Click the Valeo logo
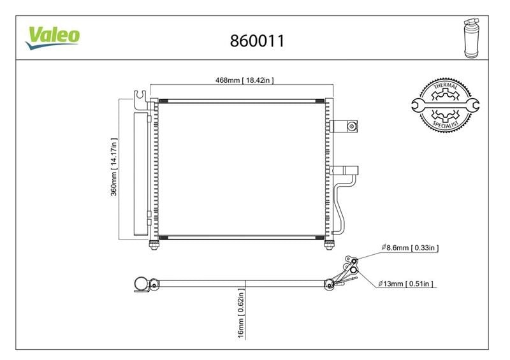pyautogui.click(x=53, y=38)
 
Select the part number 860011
pyautogui.click(x=257, y=41)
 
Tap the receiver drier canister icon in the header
pyautogui.click(x=471, y=39)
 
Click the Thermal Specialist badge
pyautogui.click(x=445, y=105)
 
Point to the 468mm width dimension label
pyautogui.click(x=245, y=80)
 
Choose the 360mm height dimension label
pyautogui.click(x=113, y=167)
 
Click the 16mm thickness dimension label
pyautogui.click(x=241, y=313)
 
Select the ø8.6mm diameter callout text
pyautogui.click(x=410, y=247)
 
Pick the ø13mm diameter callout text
pyautogui.click(x=405, y=284)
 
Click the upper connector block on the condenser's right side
pyautogui.click(x=344, y=126)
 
